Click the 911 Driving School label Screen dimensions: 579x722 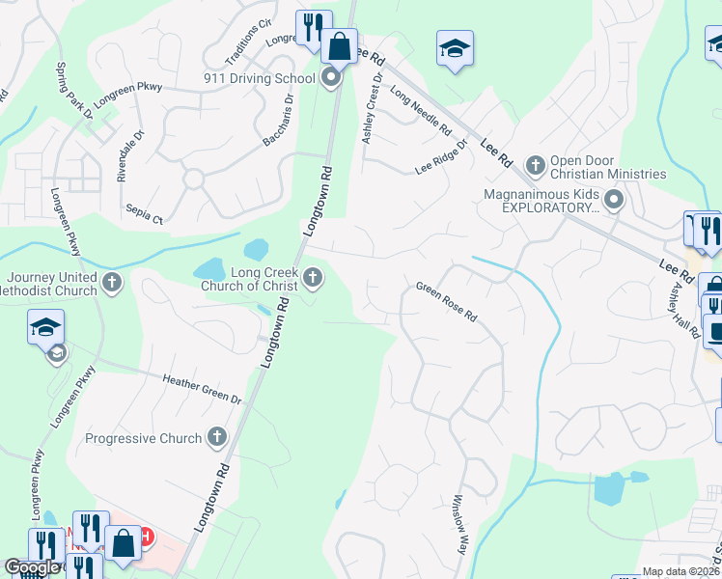[x=260, y=78]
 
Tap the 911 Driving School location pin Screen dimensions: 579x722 [x=332, y=77]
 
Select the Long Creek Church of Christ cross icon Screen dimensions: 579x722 [x=312, y=279]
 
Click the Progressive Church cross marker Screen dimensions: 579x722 [x=216, y=438]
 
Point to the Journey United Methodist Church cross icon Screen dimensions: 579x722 [x=113, y=284]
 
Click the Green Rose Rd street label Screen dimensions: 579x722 [x=447, y=301]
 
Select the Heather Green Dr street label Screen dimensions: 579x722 [x=202, y=388]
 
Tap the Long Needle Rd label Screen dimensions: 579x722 [x=421, y=110]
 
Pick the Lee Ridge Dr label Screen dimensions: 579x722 [x=441, y=156]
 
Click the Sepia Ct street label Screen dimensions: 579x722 [x=144, y=213]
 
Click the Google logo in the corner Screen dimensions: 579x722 [x=32, y=567]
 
